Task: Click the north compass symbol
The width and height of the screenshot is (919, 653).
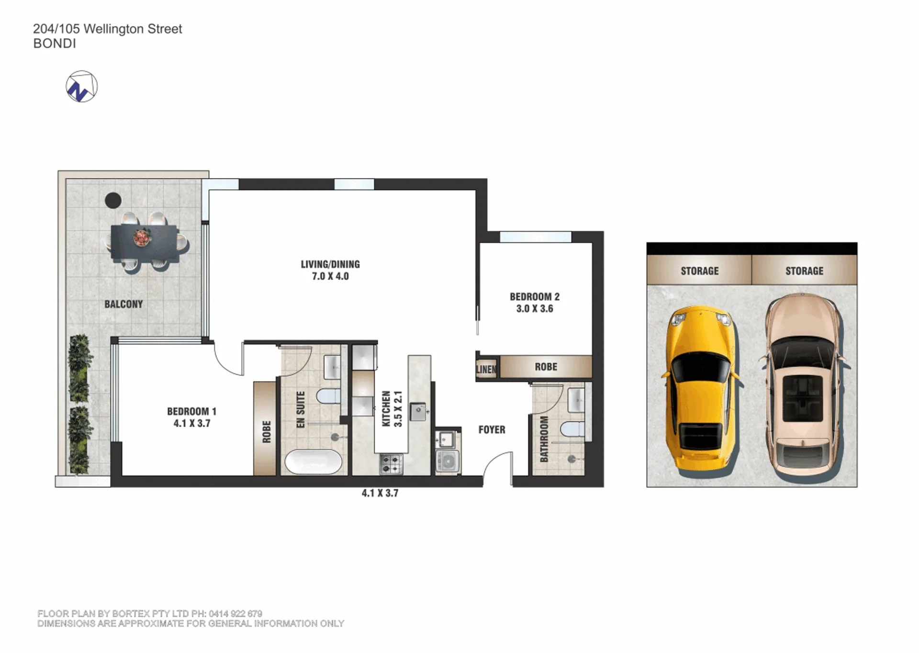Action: click(x=81, y=87)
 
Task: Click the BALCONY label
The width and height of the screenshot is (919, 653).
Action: click(x=123, y=304)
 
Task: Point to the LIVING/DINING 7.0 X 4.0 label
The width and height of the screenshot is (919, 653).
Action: click(x=330, y=270)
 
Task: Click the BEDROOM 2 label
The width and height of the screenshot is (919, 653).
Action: click(x=535, y=297)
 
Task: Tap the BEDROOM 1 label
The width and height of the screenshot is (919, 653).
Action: click(x=191, y=411)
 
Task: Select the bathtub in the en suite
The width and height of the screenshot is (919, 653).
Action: click(x=314, y=462)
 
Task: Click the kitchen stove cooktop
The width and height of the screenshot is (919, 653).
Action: click(x=391, y=464)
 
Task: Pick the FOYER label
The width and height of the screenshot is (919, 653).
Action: click(x=492, y=429)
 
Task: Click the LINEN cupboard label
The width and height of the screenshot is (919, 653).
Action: click(x=486, y=369)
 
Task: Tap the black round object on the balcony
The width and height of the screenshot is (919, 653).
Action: click(x=113, y=200)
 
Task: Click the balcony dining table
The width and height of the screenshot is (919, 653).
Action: click(x=145, y=242)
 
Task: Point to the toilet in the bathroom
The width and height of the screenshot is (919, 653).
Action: click(x=572, y=429)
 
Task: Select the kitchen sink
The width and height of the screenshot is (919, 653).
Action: click(x=418, y=411)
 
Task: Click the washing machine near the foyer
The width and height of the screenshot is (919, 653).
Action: click(x=448, y=461)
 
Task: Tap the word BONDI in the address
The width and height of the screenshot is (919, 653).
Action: click(x=55, y=44)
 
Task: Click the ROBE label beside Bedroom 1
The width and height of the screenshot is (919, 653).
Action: click(x=267, y=431)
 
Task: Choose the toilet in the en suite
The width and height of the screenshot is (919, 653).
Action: click(x=329, y=396)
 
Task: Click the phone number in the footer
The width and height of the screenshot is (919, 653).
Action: click(x=235, y=613)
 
